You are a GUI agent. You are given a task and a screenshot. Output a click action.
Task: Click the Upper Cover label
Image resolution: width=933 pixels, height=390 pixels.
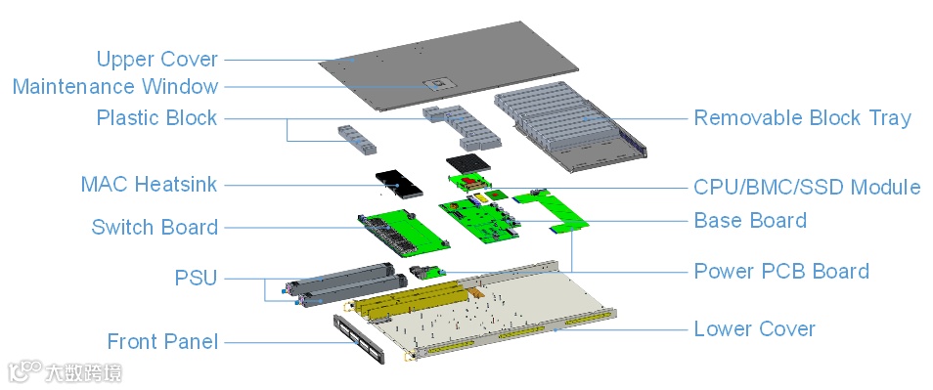tap(157, 60)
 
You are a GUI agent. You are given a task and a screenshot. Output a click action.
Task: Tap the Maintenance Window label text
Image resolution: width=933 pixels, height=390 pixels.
tap(115, 87)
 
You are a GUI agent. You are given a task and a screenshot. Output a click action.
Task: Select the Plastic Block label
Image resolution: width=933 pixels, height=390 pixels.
tap(156, 117)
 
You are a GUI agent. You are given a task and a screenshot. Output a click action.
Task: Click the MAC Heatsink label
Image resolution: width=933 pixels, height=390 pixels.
tap(149, 185)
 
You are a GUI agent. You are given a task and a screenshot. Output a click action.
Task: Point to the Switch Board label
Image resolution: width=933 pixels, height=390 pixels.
tap(155, 227)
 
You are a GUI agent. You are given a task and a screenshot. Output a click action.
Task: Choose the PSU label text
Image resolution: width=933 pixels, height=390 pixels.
tap(196, 278)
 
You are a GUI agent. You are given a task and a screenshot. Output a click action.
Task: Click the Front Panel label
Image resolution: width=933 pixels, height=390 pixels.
tap(162, 342)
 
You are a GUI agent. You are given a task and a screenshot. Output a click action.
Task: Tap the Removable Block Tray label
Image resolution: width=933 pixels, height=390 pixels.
tap(803, 117)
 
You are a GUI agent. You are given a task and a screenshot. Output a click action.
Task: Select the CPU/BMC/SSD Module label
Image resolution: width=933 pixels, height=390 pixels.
tap(807, 188)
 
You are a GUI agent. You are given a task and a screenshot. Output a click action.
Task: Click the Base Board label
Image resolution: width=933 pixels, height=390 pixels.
tap(750, 221)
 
